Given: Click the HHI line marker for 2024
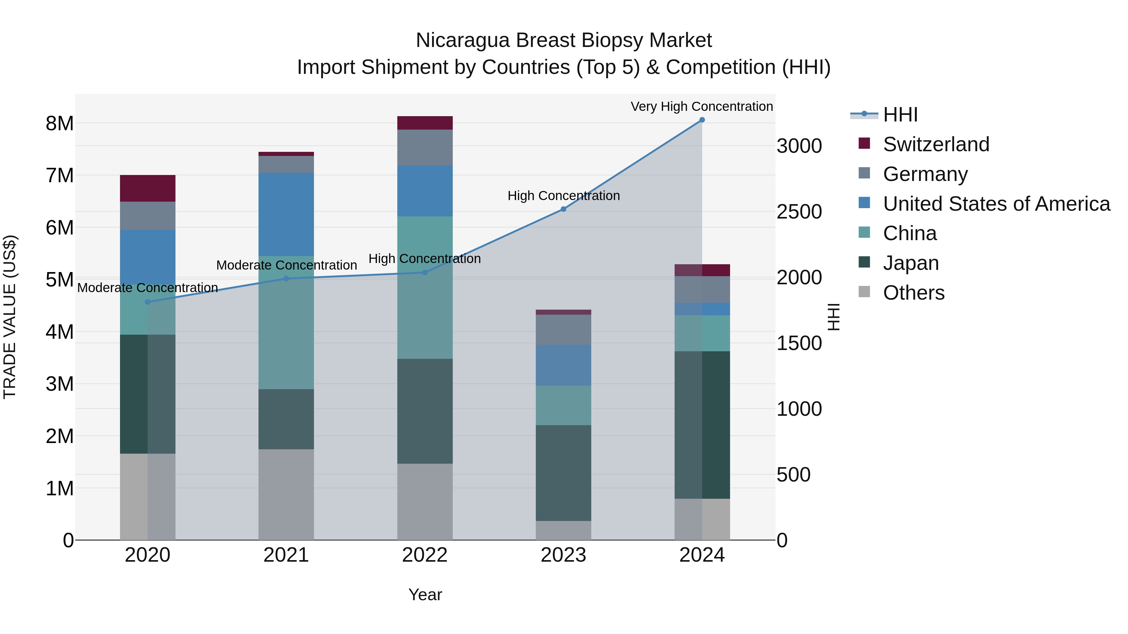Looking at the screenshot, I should [702, 120].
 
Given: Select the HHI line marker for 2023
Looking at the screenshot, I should [564, 209].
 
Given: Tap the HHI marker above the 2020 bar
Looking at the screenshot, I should [148, 302].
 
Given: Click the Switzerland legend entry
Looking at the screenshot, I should [936, 144].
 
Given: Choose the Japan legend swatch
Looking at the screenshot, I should [864, 263].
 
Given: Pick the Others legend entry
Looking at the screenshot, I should [913, 293].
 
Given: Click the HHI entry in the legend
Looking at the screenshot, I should [900, 115].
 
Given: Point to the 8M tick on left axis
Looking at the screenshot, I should [60, 123].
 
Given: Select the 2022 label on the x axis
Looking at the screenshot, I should [425, 555].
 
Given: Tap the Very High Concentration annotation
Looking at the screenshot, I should [702, 106].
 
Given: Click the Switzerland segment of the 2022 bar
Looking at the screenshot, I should [425, 123].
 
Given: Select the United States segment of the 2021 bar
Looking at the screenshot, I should [286, 214].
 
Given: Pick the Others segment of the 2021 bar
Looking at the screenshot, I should [286, 494].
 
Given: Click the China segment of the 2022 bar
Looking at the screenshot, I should [425, 287].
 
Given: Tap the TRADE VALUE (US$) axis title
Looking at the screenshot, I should [10, 317].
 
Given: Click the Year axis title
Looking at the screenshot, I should [425, 595].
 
